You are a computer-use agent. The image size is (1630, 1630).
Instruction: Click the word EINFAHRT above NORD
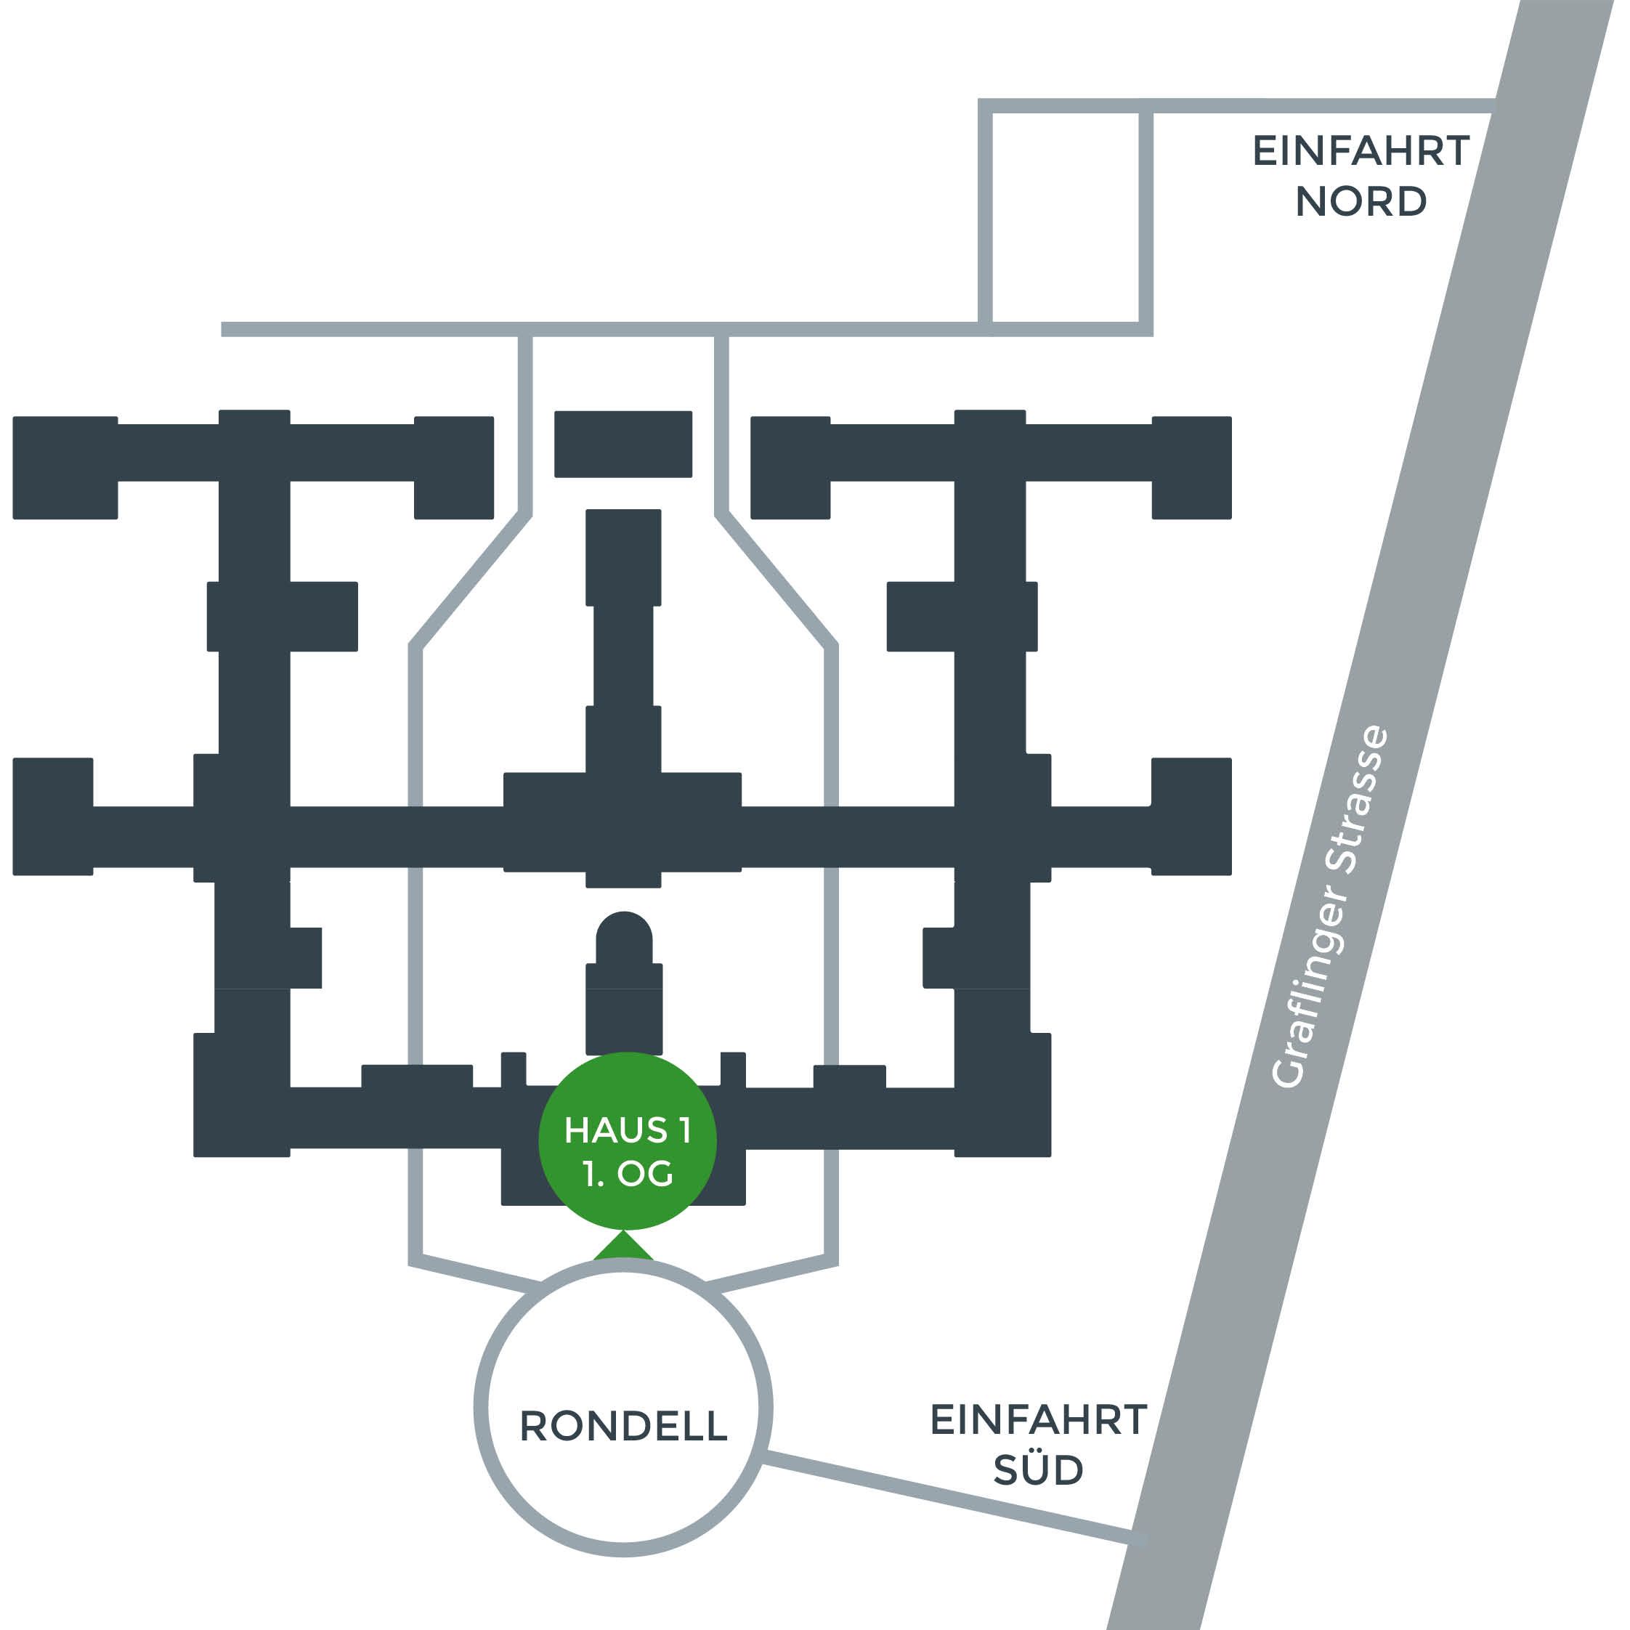click(x=1361, y=151)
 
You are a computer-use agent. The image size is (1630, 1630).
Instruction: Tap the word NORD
click(x=1361, y=202)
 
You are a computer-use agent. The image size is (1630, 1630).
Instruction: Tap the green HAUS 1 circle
click(x=627, y=1140)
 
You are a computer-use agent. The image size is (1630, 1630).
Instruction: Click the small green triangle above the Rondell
click(x=623, y=1246)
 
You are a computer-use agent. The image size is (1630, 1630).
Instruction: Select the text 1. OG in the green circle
click(x=628, y=1174)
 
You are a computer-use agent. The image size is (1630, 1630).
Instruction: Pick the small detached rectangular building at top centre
click(x=623, y=444)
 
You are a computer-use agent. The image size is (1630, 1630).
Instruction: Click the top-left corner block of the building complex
click(x=65, y=467)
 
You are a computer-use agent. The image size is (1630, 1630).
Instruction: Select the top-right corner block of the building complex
click(x=1191, y=467)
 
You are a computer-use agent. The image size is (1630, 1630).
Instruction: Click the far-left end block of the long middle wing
click(x=53, y=816)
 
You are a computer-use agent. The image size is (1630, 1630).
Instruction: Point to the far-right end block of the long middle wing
click(x=1191, y=816)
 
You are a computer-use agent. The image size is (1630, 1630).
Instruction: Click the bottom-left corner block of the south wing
click(x=242, y=1095)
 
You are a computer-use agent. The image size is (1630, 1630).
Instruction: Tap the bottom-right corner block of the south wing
click(x=1003, y=1095)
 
